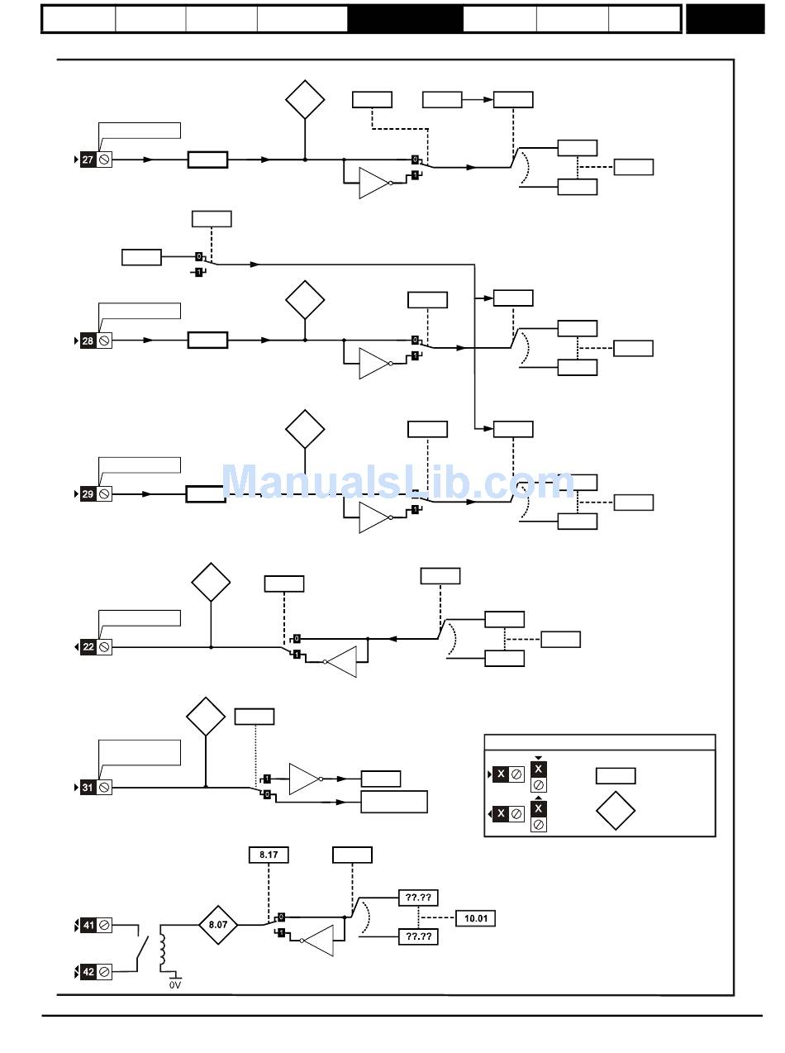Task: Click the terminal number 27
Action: [x=88, y=160]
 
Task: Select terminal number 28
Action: [x=88, y=341]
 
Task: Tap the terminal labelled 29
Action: [x=88, y=494]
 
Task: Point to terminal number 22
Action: [x=88, y=647]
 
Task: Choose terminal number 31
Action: [x=88, y=788]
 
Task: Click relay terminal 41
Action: [x=88, y=927]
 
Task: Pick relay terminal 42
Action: [x=88, y=972]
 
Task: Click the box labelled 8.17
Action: [x=269, y=855]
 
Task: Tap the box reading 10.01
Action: [x=475, y=918]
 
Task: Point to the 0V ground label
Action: [x=174, y=985]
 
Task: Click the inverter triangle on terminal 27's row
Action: [x=373, y=183]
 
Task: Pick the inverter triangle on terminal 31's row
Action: [x=304, y=779]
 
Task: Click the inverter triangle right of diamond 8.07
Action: [x=318, y=941]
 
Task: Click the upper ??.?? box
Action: [x=418, y=898]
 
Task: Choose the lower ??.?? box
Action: [x=418, y=936]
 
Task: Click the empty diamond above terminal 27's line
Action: [x=305, y=99]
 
